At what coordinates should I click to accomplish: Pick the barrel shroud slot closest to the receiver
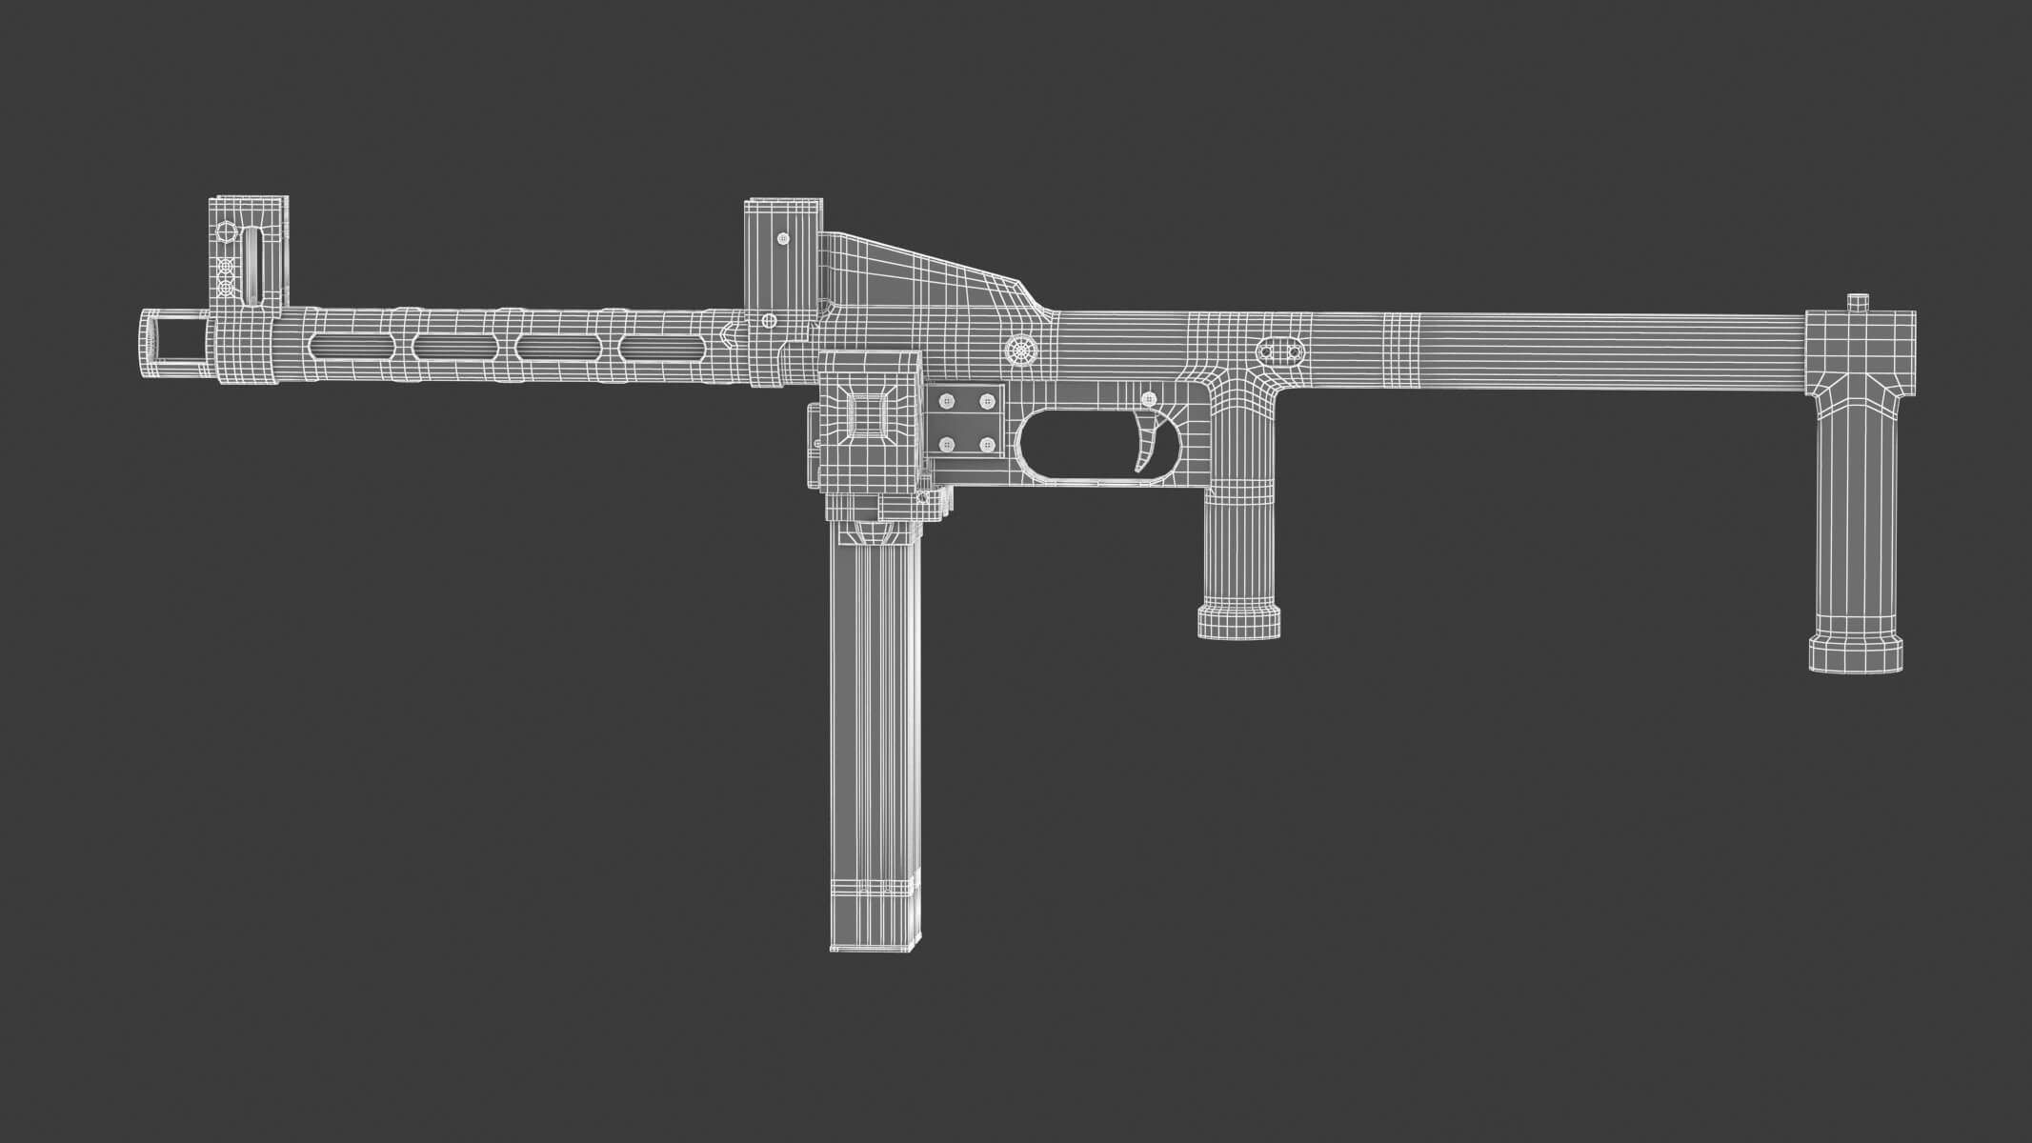point(657,348)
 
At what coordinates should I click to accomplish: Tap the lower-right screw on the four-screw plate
point(988,444)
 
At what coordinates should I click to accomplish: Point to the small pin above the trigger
point(1149,398)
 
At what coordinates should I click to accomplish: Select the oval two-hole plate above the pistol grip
point(1279,351)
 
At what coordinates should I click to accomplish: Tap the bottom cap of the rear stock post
point(1856,655)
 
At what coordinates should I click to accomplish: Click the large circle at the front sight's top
point(226,231)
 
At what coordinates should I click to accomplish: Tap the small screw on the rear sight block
point(783,238)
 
